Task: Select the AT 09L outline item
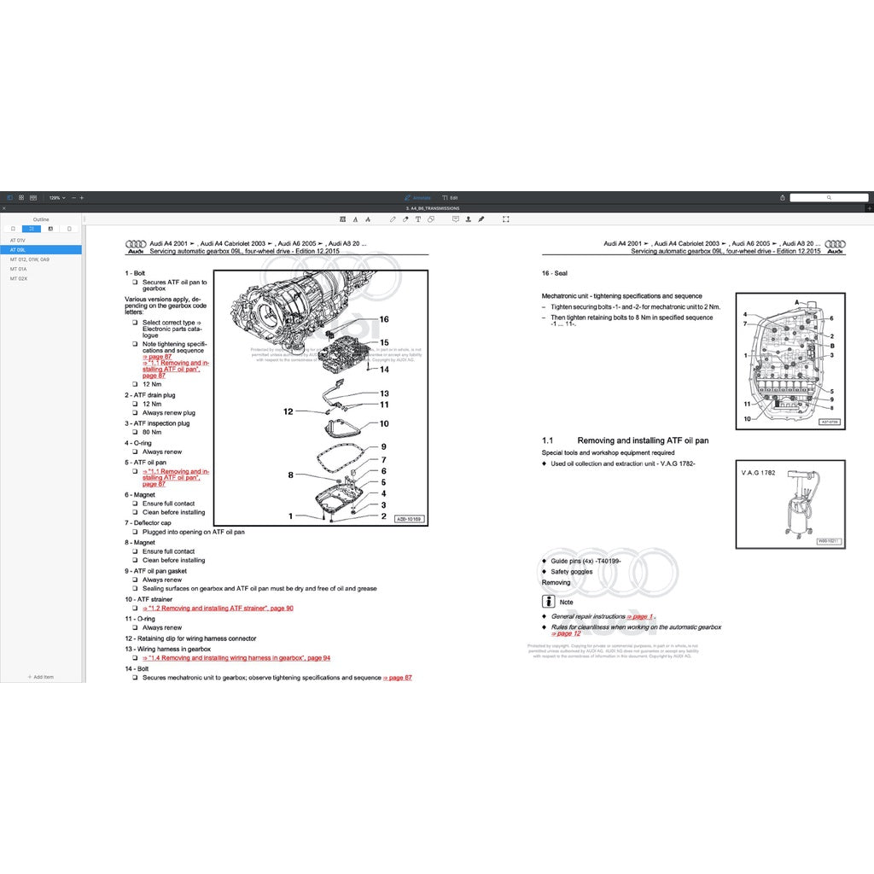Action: pos(19,250)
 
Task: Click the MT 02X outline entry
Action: pos(19,278)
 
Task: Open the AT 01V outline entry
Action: pos(18,241)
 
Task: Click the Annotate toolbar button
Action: pos(418,197)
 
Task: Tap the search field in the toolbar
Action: pos(829,197)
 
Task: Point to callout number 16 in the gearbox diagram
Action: pos(384,319)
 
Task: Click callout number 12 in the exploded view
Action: pos(288,411)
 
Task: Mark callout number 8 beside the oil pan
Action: pos(290,475)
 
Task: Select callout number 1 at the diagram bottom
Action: pos(290,516)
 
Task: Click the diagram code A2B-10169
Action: pos(408,518)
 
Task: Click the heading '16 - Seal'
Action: pos(555,273)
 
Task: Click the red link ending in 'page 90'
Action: pos(220,608)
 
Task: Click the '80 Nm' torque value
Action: pos(151,432)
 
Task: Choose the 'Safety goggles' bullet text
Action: pos(571,572)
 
